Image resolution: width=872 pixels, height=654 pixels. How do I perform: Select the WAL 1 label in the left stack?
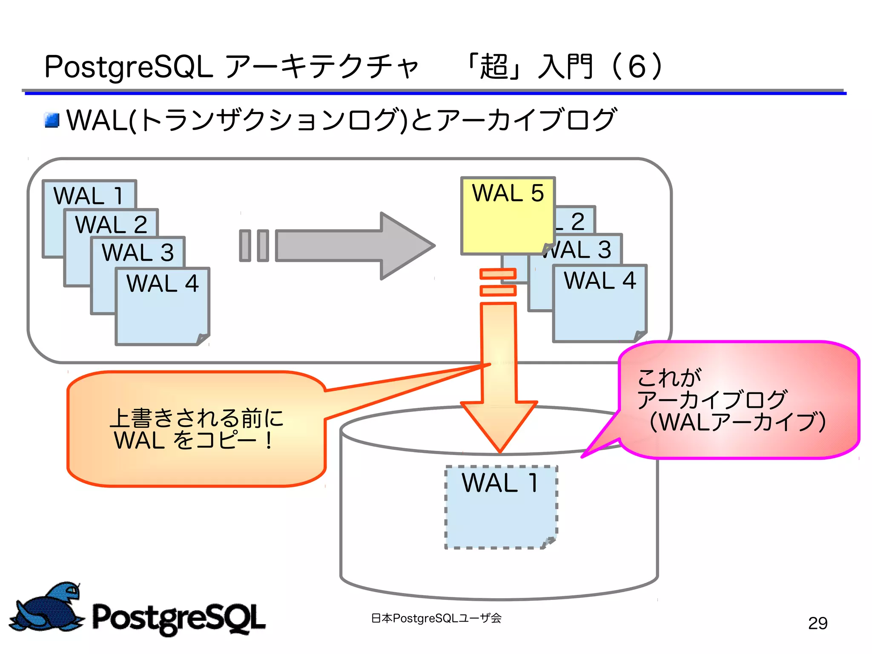point(89,196)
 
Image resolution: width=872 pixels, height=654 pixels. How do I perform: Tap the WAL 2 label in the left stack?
point(111,225)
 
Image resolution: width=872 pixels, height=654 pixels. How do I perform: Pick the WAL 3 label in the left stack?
point(138,252)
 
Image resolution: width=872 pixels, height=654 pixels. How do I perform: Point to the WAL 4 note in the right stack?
point(599,303)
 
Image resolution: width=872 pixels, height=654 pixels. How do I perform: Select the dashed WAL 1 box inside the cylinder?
point(501,507)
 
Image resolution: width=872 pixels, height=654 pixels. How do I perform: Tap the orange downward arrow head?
point(499,426)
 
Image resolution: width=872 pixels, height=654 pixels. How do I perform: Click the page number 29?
point(817,623)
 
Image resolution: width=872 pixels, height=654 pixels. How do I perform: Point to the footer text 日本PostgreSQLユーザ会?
point(436,618)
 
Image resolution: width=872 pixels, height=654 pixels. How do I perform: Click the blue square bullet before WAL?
point(52,120)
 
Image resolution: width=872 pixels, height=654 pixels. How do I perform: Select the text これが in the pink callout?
point(668,377)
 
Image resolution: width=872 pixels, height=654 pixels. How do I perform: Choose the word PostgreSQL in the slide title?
point(128,67)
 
